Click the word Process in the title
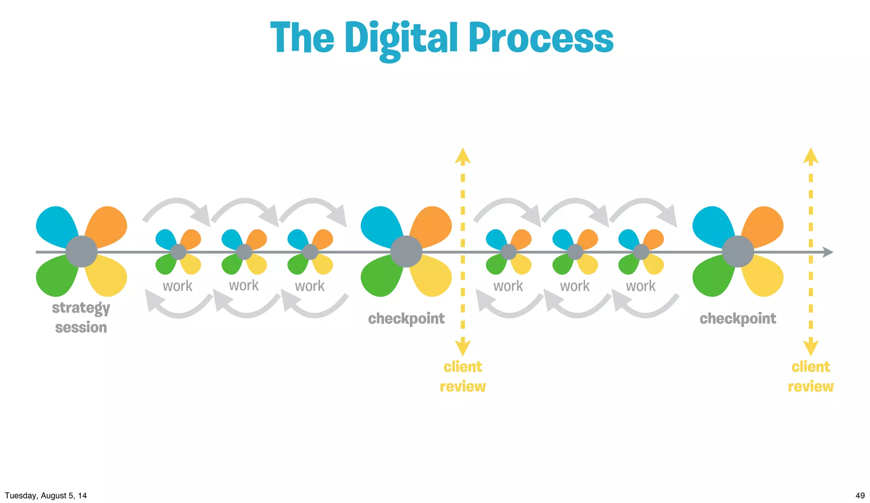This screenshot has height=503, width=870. point(541,38)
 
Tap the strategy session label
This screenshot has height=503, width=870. point(81,317)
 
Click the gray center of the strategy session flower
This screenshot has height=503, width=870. point(81,251)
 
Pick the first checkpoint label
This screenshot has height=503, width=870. point(406,319)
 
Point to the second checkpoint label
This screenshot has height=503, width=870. point(737,319)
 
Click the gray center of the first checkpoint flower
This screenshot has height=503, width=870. point(406,251)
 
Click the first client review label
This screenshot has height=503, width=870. point(463,376)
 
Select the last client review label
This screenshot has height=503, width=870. point(811,376)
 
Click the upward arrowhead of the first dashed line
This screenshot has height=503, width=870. point(463,156)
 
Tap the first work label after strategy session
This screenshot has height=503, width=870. point(178,286)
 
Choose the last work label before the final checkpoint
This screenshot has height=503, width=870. point(641,286)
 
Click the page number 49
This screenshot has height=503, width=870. point(860,495)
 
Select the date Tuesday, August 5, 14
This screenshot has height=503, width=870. point(46,495)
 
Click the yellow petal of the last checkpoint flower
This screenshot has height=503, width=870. point(765,278)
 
